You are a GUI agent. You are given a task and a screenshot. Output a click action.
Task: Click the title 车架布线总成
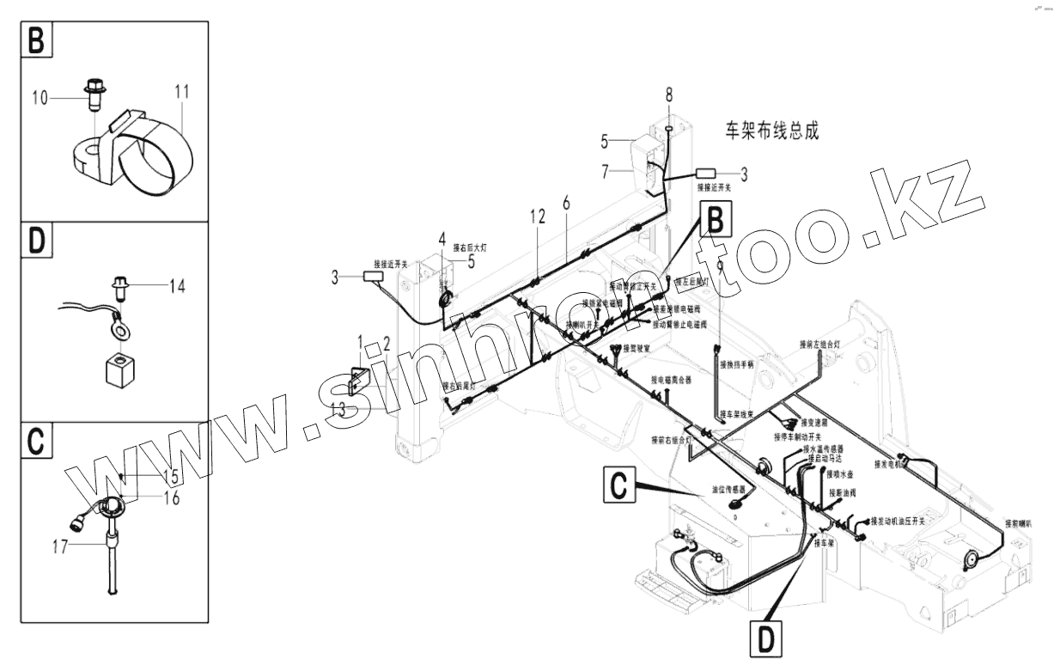click(771, 131)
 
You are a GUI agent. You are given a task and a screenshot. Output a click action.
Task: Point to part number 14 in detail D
click(176, 287)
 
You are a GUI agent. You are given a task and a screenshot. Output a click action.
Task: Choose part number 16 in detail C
click(171, 498)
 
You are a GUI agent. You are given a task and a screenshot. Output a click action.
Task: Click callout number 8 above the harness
click(669, 93)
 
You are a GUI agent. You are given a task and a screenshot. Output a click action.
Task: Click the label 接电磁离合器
click(671, 379)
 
